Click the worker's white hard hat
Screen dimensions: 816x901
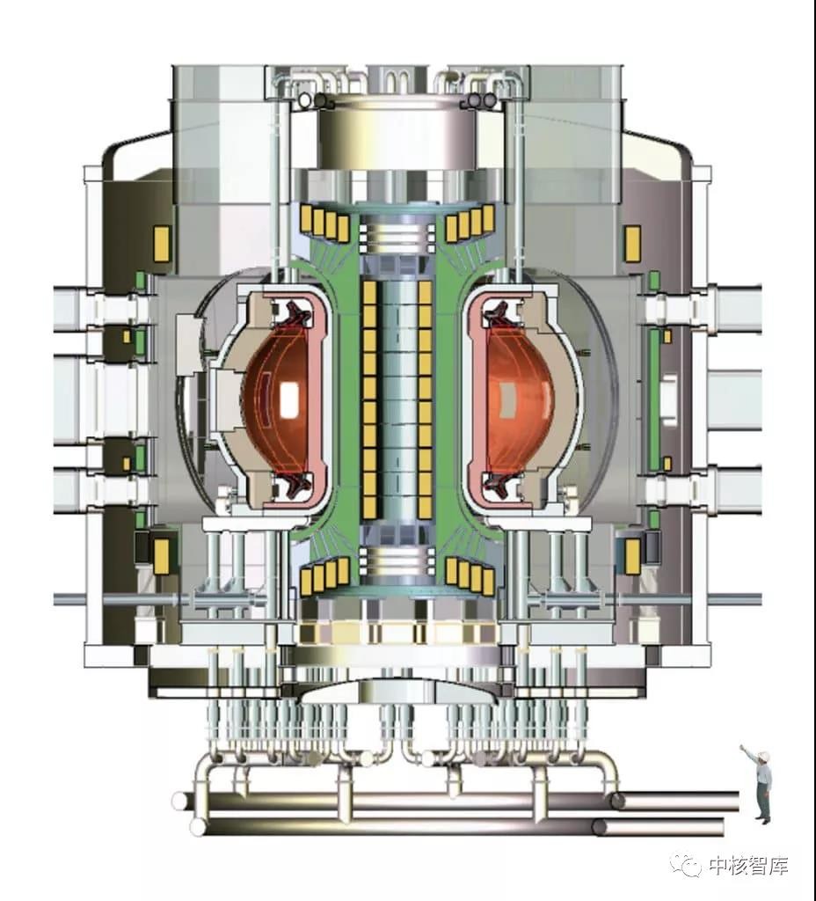coord(763,754)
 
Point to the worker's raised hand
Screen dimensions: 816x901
coord(743,747)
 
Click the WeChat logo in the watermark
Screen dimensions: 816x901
coord(688,865)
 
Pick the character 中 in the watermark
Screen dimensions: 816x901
coord(718,866)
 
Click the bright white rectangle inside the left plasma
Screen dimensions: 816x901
coord(288,399)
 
